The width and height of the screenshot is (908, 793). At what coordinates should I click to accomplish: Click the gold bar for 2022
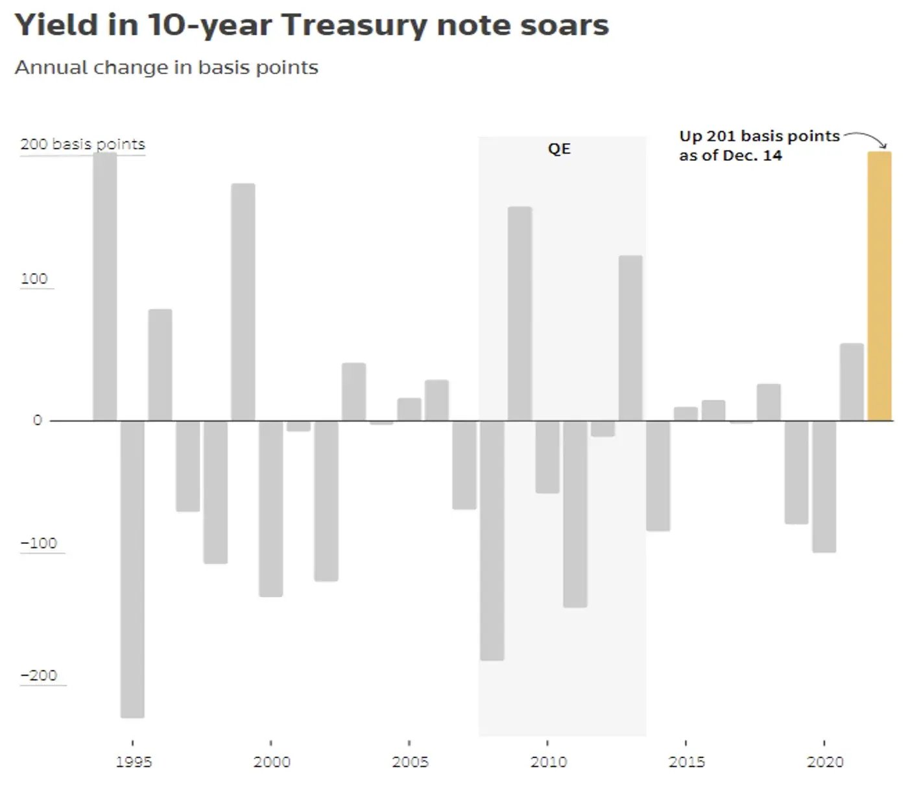click(879, 286)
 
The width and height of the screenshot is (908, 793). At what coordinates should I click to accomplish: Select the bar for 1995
click(132, 568)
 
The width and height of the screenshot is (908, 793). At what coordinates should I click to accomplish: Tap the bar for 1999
click(243, 302)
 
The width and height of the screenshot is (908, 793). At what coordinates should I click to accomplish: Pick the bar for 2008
click(492, 540)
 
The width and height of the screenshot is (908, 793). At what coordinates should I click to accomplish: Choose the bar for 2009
click(520, 313)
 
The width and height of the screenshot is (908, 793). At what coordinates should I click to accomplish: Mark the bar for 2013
click(630, 337)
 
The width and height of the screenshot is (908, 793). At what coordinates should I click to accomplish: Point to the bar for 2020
click(824, 486)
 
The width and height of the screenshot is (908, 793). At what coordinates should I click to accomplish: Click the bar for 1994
click(105, 286)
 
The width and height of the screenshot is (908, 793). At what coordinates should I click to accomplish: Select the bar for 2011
click(575, 513)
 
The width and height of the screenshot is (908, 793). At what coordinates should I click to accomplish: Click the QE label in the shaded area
click(559, 149)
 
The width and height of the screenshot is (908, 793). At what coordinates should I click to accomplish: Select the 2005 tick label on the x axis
click(410, 761)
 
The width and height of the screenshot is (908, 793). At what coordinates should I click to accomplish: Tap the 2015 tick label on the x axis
click(686, 761)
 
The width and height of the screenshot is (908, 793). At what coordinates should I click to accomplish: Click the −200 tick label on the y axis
click(39, 675)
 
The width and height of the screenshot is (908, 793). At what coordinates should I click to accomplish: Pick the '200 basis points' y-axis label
click(82, 144)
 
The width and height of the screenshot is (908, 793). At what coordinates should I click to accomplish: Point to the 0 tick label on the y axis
click(38, 420)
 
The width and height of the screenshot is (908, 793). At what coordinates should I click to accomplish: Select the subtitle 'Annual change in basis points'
click(167, 67)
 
